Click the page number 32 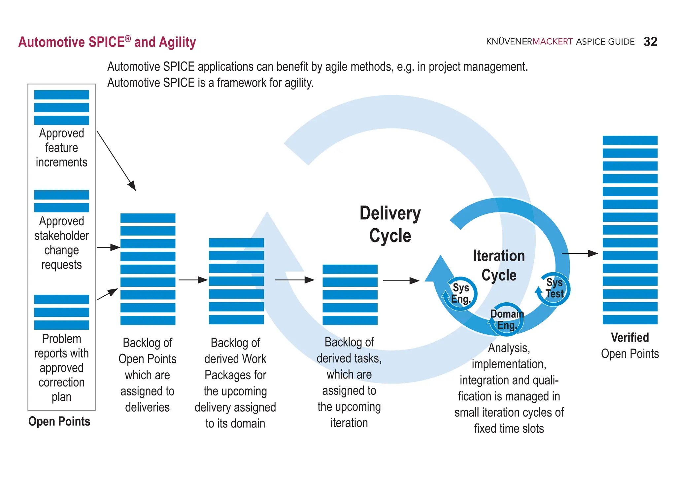(650, 42)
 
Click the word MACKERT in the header (552, 42)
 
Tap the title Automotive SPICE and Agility (107, 42)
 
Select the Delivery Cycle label (390, 224)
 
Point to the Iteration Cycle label (498, 265)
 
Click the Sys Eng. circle (461, 293)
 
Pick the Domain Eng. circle (507, 319)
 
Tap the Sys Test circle (554, 288)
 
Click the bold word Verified (629, 338)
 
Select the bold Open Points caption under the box (59, 422)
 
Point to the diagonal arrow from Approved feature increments (116, 161)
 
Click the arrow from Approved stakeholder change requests (108, 247)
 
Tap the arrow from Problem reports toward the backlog (107, 294)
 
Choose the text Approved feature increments (61, 148)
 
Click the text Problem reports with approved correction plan (61, 367)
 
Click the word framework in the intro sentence (242, 83)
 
